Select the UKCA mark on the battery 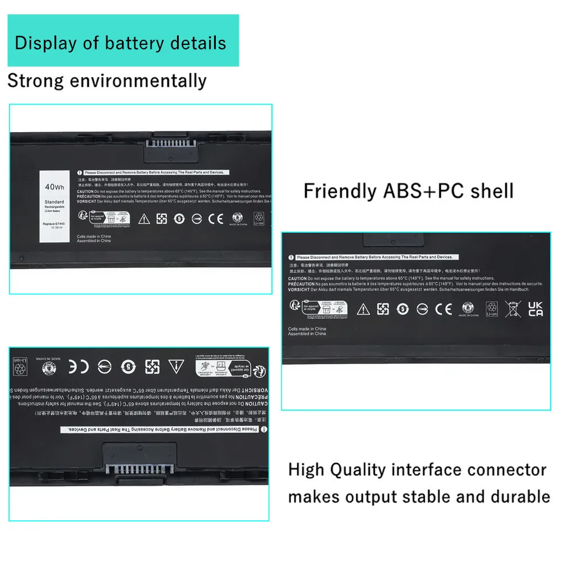536,309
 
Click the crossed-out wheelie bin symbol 513,309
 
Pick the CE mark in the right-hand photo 444,309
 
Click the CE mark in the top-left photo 215,218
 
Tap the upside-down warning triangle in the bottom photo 175,366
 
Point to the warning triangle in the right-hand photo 364,309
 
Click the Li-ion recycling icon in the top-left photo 259,219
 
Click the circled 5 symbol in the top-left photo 179,218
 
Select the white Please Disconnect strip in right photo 374,257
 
